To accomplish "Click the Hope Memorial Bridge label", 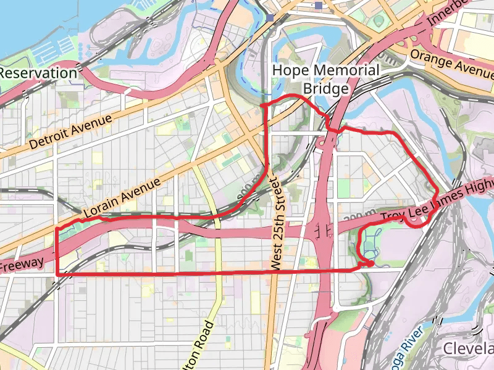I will [325, 80].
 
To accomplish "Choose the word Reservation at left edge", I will [38, 73].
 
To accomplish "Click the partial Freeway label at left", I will [22, 265].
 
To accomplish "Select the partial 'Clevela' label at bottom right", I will [469, 348].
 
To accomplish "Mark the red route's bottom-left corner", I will [57, 274].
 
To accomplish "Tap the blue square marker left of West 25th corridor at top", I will [271, 17].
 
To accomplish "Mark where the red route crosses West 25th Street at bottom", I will [272, 271].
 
